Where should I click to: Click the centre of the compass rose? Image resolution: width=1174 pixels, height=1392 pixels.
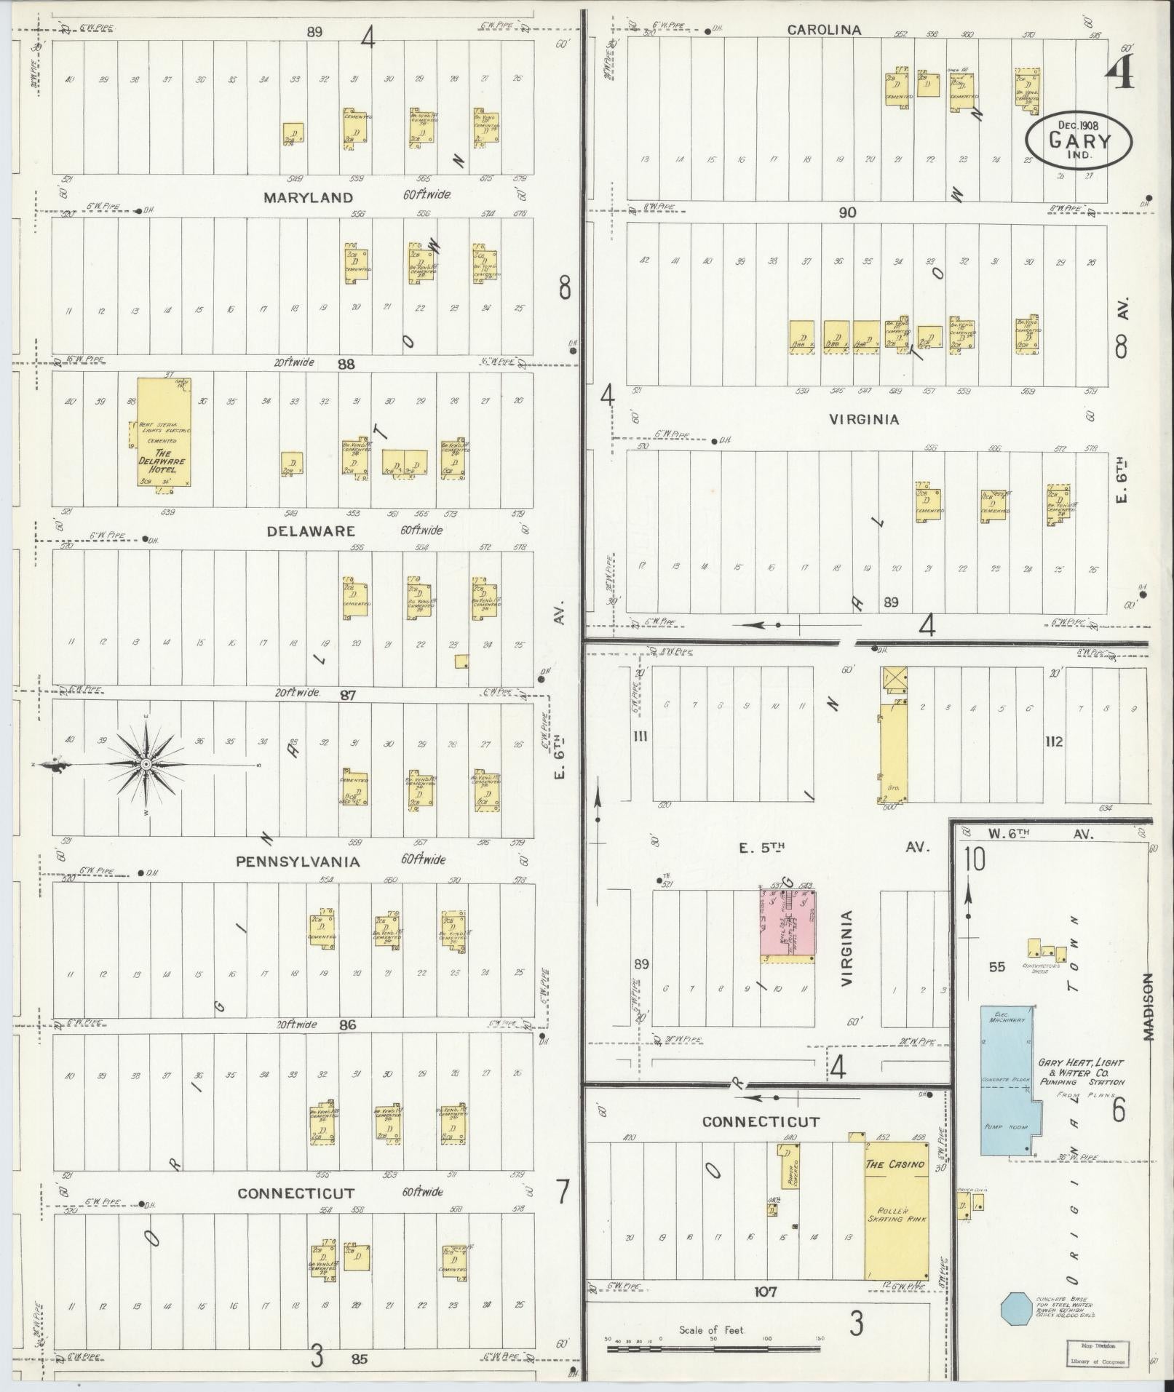click(146, 764)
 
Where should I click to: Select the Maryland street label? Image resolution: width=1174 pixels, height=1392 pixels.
click(308, 197)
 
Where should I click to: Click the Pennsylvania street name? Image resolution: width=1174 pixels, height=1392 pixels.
click(298, 862)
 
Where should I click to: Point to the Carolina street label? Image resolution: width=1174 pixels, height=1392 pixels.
click(824, 30)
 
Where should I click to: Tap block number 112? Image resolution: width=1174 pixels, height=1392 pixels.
click(1054, 741)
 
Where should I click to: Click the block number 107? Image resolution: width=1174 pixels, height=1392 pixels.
click(766, 1292)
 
